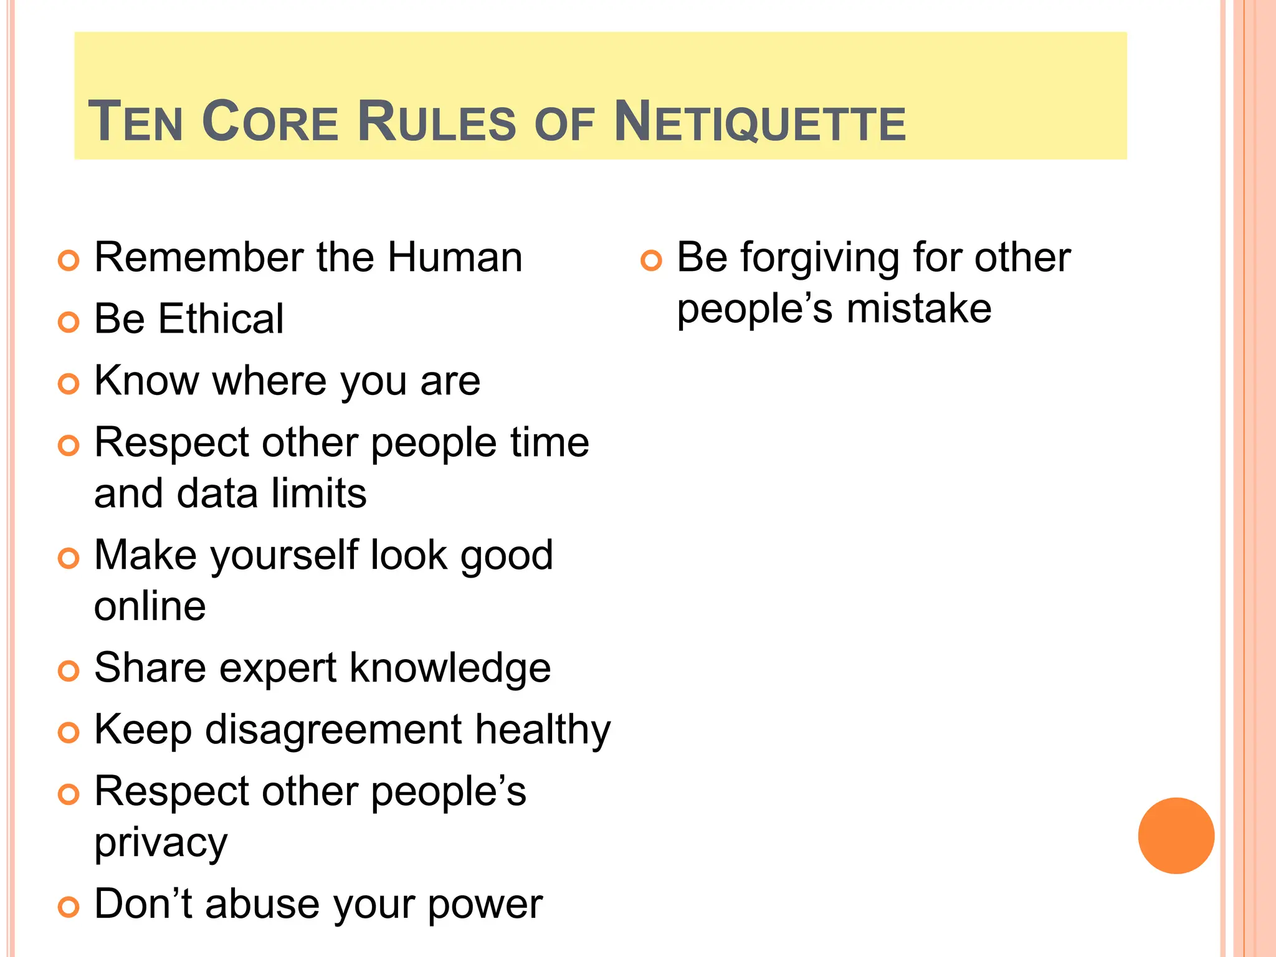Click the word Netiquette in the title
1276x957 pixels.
[x=759, y=121]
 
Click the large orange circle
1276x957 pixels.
[x=1176, y=836]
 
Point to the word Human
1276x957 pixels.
[x=455, y=257]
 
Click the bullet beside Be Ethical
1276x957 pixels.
[x=69, y=321]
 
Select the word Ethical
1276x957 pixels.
[x=221, y=319]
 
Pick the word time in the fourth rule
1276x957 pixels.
[x=550, y=442]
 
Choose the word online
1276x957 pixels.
[x=150, y=606]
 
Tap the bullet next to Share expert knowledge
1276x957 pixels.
[x=69, y=670]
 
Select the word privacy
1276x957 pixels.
[x=161, y=844]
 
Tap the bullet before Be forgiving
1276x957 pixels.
[x=651, y=260]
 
